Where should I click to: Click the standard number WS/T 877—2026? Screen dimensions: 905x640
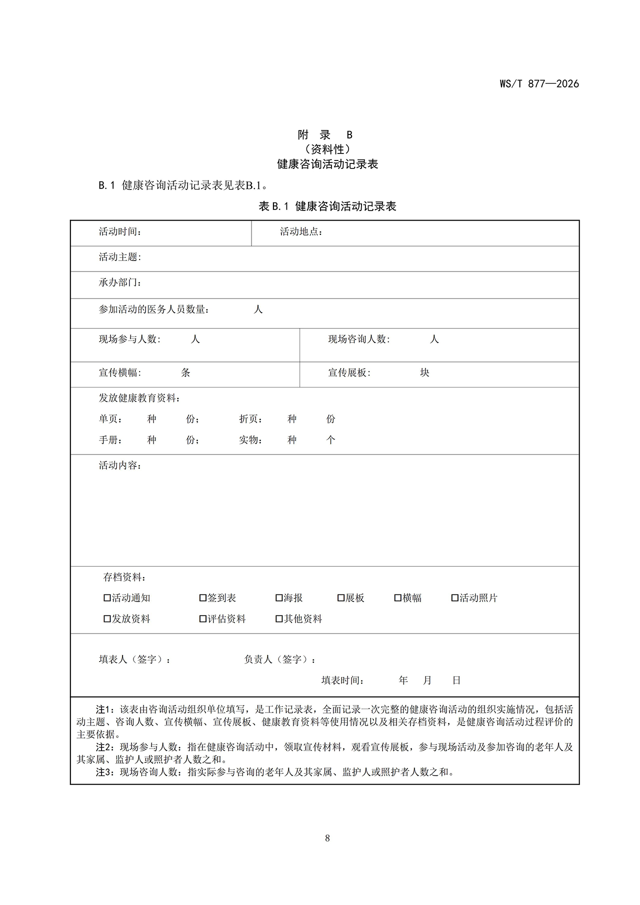click(539, 84)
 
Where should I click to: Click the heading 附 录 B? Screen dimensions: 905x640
click(325, 135)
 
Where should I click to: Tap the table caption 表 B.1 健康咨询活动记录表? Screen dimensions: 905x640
click(327, 206)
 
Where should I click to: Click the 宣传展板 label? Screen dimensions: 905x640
click(349, 373)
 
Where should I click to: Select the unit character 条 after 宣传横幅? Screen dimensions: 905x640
click(185, 373)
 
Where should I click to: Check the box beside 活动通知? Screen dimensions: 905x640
click(107, 598)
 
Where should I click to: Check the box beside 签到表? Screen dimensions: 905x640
click(203, 598)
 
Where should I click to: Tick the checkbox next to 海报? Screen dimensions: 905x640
click(279, 598)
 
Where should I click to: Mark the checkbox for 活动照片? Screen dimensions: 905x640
click(455, 598)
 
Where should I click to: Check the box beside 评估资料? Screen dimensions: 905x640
click(203, 619)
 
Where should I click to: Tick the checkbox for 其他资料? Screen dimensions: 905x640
click(279, 619)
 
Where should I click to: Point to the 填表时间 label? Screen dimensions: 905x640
click(342, 681)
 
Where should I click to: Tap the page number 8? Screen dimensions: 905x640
click(327, 838)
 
